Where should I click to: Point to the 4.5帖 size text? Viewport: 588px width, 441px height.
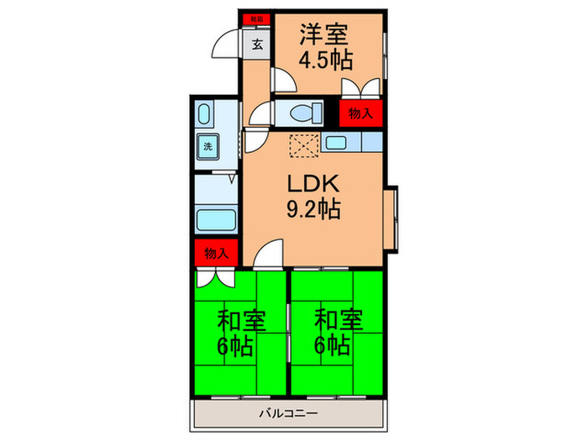tap(326, 60)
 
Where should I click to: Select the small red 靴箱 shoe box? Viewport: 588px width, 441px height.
tap(253, 18)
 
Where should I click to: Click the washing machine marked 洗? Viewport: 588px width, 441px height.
tap(207, 146)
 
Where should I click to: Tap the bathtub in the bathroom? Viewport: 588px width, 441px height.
tap(215, 221)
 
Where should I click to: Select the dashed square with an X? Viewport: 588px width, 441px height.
tap(303, 144)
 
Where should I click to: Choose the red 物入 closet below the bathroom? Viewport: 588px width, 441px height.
tap(216, 252)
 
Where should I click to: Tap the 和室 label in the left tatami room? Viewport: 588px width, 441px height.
tap(242, 319)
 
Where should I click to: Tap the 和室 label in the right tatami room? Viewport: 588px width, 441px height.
tap(338, 319)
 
